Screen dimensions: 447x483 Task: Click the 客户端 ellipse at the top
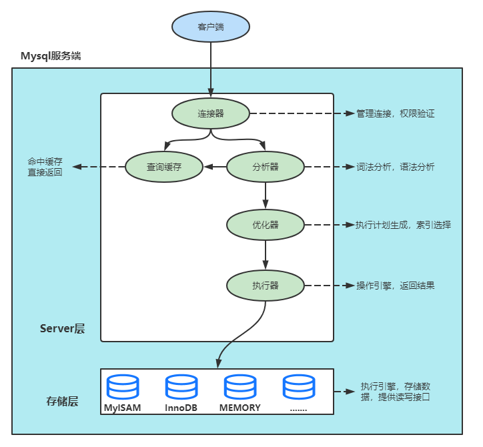[211, 27]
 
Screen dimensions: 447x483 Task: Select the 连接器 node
[211, 113]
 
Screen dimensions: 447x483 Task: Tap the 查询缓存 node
[164, 167]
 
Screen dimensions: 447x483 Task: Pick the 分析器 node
[266, 167]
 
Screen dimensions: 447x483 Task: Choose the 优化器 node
[266, 225]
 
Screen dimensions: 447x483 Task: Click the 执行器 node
[266, 286]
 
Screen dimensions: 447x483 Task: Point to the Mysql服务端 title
[51, 55]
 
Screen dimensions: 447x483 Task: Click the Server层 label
[63, 328]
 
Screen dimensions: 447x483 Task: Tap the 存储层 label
[63, 401]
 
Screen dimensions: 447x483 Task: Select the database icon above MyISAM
[123, 388]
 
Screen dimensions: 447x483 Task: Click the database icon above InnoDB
[182, 388]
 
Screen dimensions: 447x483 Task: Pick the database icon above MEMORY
[240, 388]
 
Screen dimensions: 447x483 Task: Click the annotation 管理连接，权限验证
[395, 114]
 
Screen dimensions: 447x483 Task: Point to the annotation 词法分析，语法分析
[395, 167]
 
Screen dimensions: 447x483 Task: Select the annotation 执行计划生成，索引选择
[403, 226]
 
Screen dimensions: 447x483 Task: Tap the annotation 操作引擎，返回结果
[395, 286]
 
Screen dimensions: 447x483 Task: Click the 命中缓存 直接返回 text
[45, 167]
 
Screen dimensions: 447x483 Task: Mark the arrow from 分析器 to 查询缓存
[215, 167]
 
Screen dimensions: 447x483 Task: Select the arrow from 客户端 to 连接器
[211, 67]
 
